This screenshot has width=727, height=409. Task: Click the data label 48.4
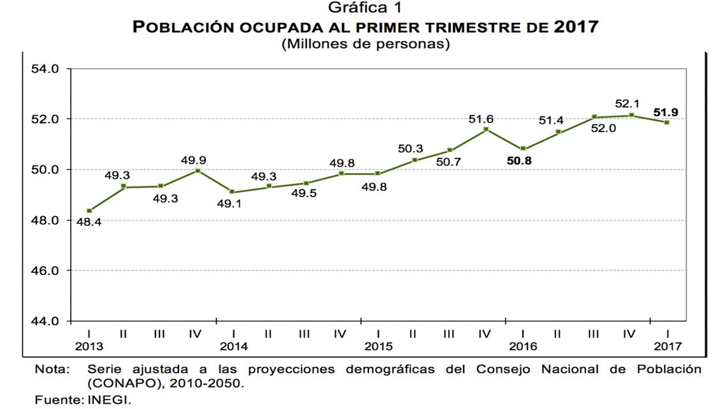click(x=89, y=222)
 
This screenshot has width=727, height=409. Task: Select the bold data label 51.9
click(x=666, y=112)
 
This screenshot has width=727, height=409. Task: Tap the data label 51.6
click(x=481, y=119)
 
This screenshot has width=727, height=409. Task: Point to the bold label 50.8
click(x=518, y=161)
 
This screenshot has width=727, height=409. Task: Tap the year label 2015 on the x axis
click(x=378, y=346)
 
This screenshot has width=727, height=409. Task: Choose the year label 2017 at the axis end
click(x=668, y=346)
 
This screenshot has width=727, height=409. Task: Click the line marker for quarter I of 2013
click(x=89, y=211)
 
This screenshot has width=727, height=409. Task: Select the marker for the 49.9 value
click(x=197, y=170)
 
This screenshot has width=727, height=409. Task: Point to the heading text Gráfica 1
click(x=364, y=8)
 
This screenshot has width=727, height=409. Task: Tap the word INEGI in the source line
click(x=107, y=400)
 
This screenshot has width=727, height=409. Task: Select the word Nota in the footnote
click(x=50, y=369)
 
